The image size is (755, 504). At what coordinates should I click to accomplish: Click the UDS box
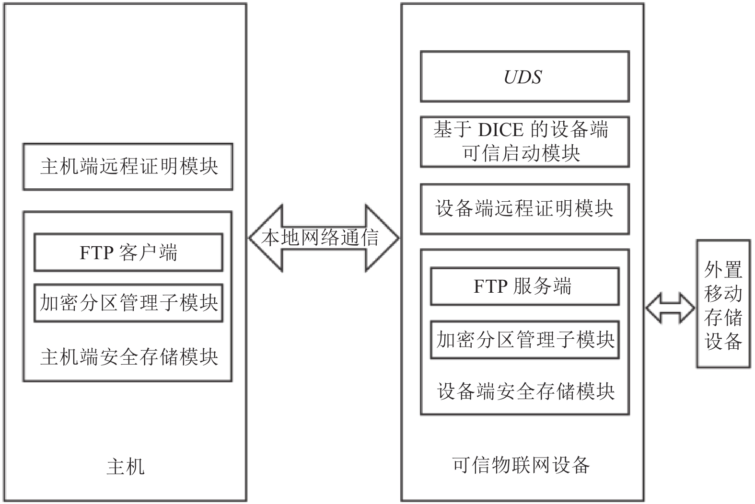click(x=525, y=77)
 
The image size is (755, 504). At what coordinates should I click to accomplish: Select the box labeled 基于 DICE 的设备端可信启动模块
click(x=525, y=142)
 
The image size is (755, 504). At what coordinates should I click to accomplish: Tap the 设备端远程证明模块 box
click(x=525, y=209)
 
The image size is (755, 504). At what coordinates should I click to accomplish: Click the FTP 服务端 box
click(x=525, y=286)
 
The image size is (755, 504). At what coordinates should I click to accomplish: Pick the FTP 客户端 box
click(x=128, y=252)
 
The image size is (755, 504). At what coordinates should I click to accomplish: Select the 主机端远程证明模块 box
click(x=128, y=167)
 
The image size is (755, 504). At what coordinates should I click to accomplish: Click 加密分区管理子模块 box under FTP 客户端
click(x=128, y=303)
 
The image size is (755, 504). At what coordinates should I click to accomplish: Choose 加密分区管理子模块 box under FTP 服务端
click(x=525, y=340)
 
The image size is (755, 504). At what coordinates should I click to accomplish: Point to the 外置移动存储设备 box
click(x=724, y=304)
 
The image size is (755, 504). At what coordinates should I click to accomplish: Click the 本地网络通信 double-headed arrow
click(x=324, y=238)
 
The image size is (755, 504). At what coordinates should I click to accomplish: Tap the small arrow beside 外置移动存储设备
click(x=670, y=308)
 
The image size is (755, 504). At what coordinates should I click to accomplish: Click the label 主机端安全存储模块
click(x=129, y=357)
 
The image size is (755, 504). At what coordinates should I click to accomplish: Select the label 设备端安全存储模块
click(x=526, y=391)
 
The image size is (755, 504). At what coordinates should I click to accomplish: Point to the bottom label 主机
click(x=126, y=467)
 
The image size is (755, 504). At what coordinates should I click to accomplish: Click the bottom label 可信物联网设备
click(x=521, y=465)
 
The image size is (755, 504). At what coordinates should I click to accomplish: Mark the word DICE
click(x=501, y=130)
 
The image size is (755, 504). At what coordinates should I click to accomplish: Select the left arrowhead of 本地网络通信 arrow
click(x=266, y=238)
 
